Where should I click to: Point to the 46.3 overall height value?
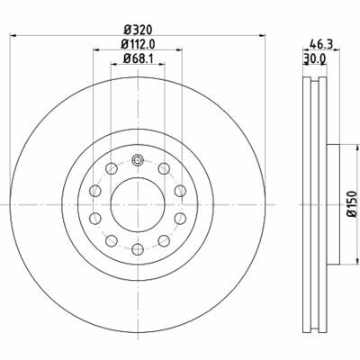tap(321, 42)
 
